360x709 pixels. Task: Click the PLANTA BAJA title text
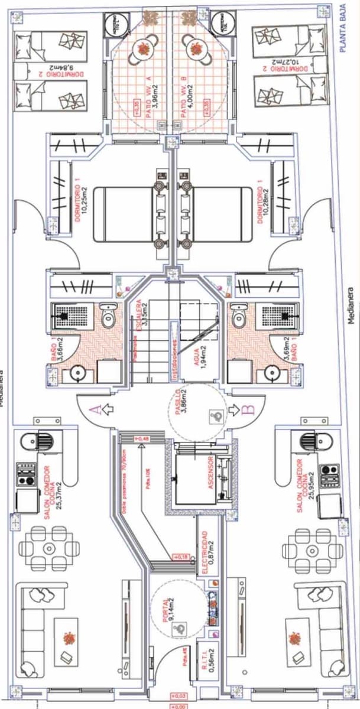[x=342, y=29]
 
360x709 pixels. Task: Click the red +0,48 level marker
[x=142, y=438]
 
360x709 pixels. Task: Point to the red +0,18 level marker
[x=180, y=557]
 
